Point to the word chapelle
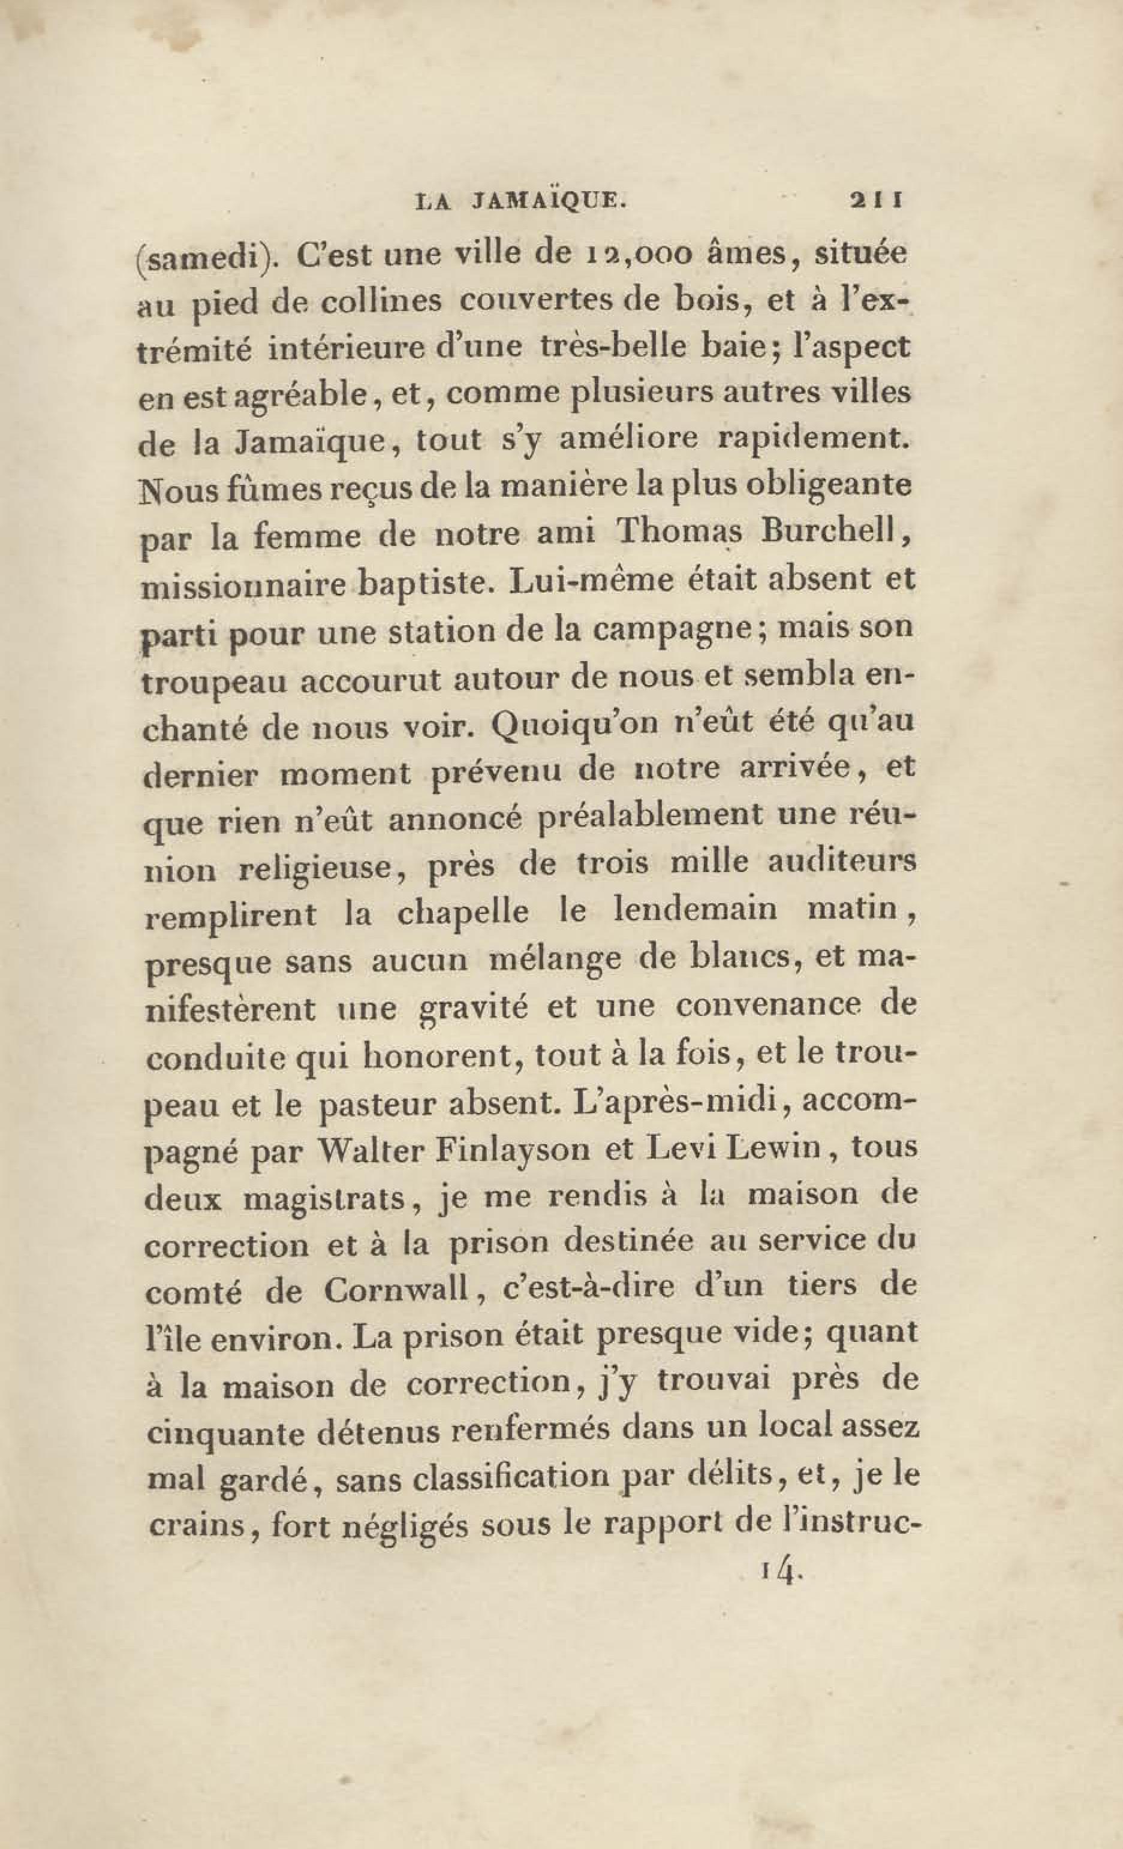coord(462,912)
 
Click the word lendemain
coord(694,910)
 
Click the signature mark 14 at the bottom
coord(778,1572)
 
